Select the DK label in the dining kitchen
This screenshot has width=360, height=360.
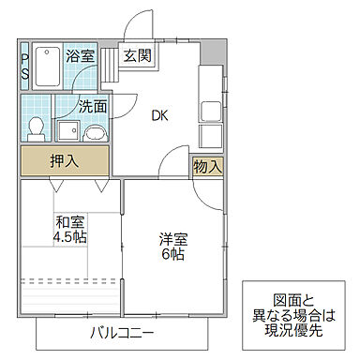[160, 116]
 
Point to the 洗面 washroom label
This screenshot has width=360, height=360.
[92, 106]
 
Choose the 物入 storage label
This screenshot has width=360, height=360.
[207, 167]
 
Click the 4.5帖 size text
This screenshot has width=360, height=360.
[69, 238]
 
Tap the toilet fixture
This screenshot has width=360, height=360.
[35, 125]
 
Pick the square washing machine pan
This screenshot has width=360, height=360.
[67, 129]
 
